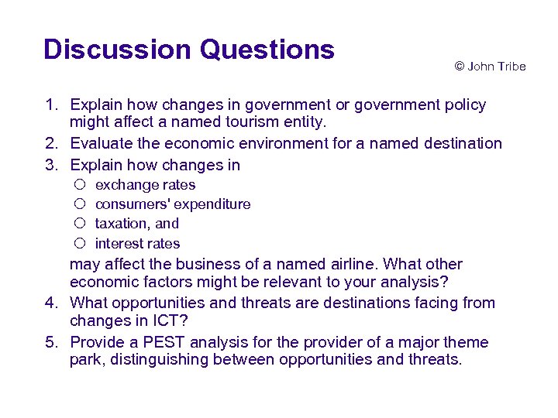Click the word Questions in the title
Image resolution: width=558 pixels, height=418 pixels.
pos(267,50)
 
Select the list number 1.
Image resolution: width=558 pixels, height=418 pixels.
pos(50,104)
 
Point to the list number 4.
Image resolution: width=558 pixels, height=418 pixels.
pos(50,303)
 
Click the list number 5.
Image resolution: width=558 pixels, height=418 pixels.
pos(50,342)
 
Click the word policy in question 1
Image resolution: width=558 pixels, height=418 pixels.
pos(464,104)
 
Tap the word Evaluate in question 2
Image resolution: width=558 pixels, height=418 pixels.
pos(98,143)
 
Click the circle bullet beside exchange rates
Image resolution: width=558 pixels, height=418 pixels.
pos(80,185)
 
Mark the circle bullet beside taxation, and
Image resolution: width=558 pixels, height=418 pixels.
pos(80,224)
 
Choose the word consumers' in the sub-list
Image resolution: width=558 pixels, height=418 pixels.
pos(133,204)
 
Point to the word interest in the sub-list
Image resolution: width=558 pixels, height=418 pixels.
pos(116,243)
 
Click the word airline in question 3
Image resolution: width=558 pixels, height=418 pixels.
pos(358,264)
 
